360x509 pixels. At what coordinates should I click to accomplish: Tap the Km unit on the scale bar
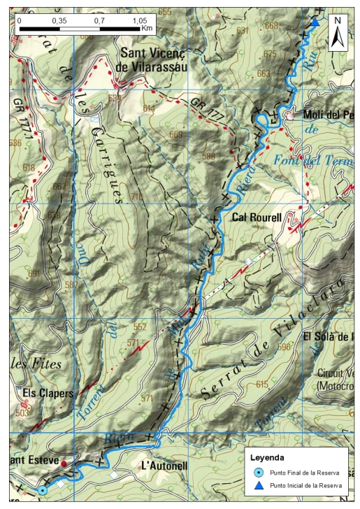click(x=147, y=29)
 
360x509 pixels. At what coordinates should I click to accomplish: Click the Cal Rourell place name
click(x=257, y=218)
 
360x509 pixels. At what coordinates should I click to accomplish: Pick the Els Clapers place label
click(x=48, y=393)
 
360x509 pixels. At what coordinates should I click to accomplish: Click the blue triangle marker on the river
click(x=315, y=22)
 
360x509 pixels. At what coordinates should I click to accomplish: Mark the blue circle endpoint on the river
click(x=43, y=491)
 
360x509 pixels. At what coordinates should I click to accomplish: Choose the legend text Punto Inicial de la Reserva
click(x=306, y=485)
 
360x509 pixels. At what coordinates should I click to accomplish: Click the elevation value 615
click(x=262, y=385)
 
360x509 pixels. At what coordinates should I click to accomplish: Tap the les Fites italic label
click(x=37, y=364)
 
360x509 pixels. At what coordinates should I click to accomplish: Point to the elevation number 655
click(x=165, y=12)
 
